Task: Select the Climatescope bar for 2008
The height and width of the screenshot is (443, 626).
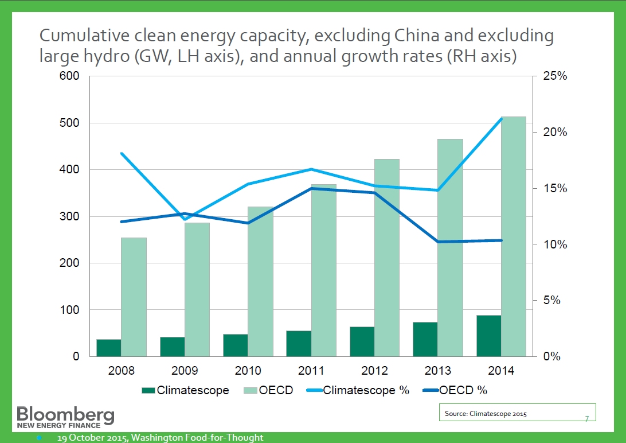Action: coord(109,348)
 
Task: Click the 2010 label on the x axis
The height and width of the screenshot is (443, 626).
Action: coord(248,371)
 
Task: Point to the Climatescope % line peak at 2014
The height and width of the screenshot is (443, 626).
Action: coord(501,119)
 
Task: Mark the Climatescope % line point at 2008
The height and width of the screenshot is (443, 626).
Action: coord(122,153)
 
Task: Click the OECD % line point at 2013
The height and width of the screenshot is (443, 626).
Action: coord(437,242)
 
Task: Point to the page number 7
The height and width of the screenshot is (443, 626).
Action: coord(586,418)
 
